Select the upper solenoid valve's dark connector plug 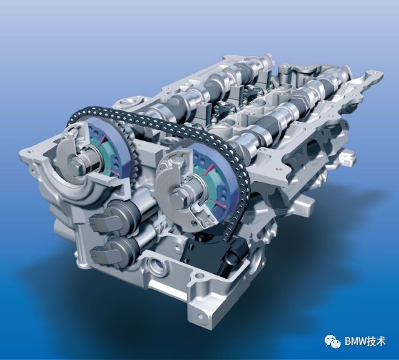tap(100, 222)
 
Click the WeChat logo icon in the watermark tap(332, 341)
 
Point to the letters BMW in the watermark tap(355, 341)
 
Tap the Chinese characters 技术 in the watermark tap(376, 341)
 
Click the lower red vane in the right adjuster tap(217, 203)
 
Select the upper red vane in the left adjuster tap(103, 140)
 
